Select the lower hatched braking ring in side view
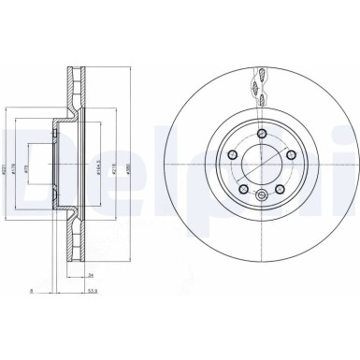(x=78, y=252)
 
